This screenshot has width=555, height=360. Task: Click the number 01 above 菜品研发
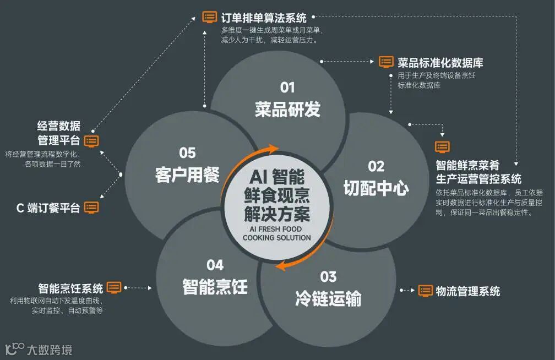tap(287, 88)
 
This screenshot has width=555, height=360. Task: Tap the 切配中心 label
tap(376, 189)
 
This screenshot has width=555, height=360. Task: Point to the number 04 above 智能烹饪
tap(215, 265)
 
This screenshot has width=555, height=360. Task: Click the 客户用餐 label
tap(187, 175)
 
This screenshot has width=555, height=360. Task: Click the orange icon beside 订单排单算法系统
tap(210, 17)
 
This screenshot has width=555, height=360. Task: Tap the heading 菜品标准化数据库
tap(440, 62)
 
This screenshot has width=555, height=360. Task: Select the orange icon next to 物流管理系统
tap(426, 290)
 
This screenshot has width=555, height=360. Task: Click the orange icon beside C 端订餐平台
tap(91, 208)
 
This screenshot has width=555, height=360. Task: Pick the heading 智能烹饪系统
tap(70, 288)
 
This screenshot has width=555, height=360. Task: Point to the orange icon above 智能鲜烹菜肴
tap(442, 146)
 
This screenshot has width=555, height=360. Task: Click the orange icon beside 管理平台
tap(91, 140)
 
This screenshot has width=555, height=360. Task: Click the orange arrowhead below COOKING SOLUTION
tap(281, 266)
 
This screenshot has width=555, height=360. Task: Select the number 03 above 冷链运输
tap(328, 276)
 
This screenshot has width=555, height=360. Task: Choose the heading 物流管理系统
tap(468, 291)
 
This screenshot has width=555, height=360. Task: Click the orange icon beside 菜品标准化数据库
tap(387, 62)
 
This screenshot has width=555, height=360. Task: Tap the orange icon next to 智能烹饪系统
tap(114, 287)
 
